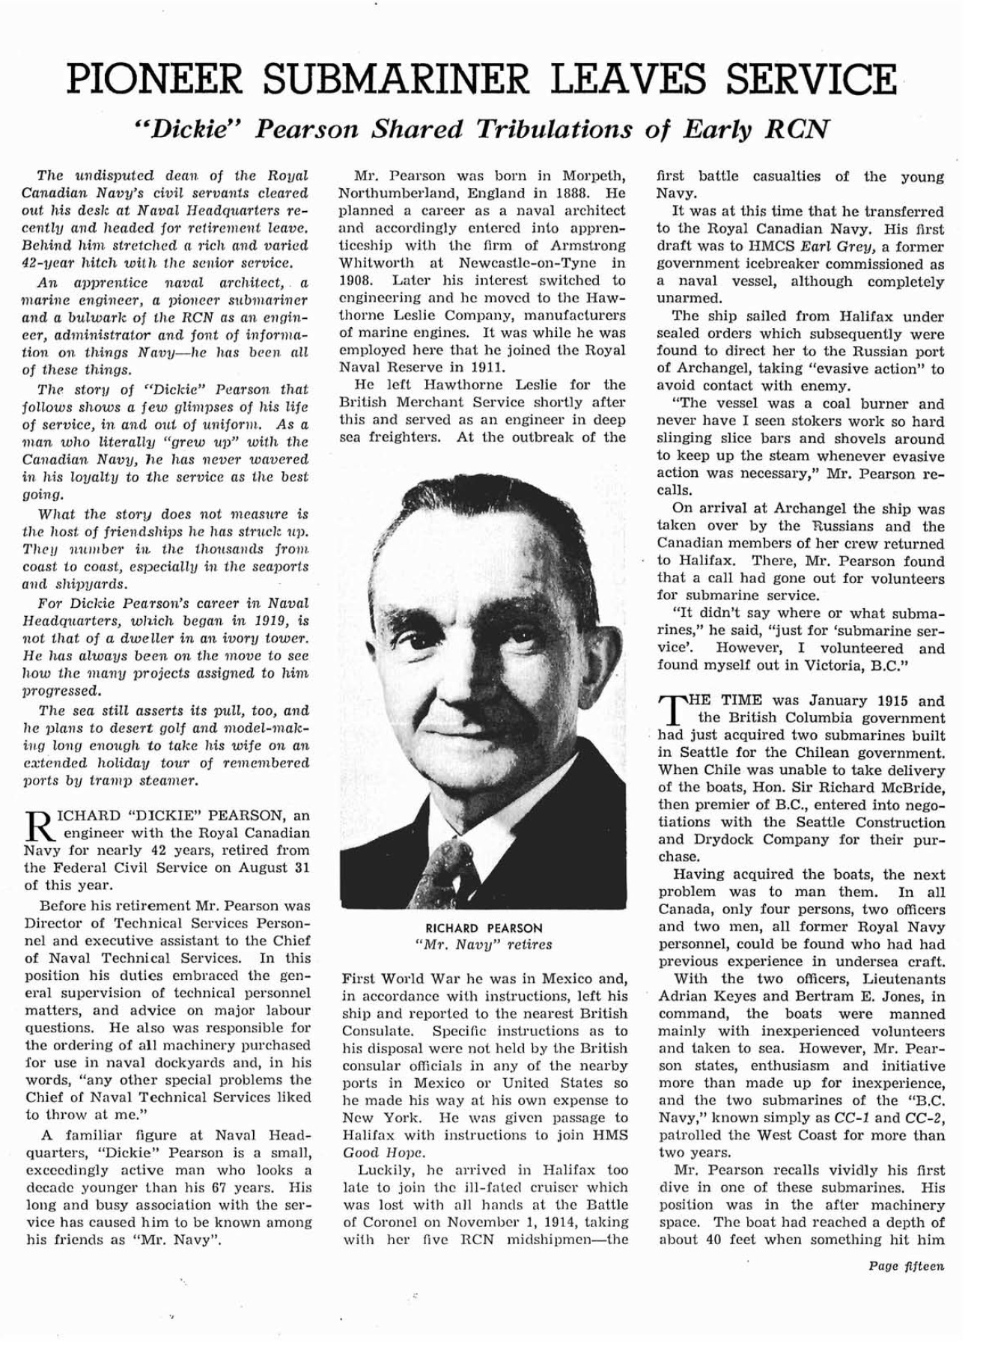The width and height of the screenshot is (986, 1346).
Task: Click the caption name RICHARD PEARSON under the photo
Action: click(484, 928)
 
